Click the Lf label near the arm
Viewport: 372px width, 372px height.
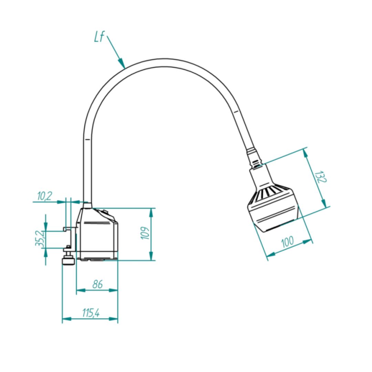click(99, 37)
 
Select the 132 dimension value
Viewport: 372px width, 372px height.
click(321, 177)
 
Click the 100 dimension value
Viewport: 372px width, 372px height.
click(288, 242)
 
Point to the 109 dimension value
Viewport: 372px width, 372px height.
click(145, 233)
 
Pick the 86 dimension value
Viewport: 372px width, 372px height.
click(97, 284)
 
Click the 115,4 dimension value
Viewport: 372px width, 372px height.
click(91, 313)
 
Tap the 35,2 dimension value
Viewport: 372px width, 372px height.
click(39, 238)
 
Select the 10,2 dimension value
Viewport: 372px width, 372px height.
click(44, 196)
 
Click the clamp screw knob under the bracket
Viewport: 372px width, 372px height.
click(68, 262)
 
